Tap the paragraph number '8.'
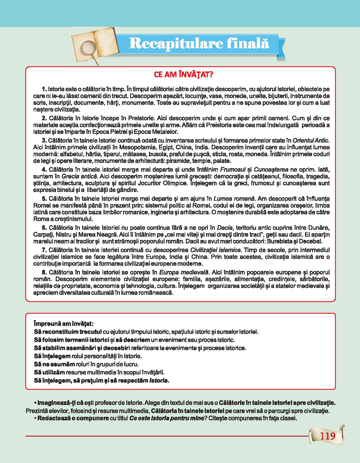coord(44,272)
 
